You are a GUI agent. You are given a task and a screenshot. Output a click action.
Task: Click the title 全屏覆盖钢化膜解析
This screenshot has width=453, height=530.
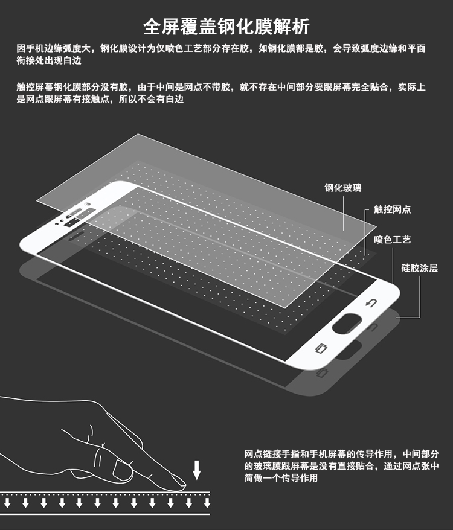(226, 27)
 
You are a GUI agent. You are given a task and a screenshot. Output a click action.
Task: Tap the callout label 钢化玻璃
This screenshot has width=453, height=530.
(343, 188)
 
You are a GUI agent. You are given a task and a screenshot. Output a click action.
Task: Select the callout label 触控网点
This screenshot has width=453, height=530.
(392, 209)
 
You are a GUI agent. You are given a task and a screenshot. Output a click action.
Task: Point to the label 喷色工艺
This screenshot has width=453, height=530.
(392, 240)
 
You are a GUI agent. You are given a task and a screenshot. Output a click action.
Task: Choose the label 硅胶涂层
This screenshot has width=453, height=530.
(419, 268)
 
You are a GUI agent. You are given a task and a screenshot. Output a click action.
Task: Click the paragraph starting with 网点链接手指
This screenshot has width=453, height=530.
(341, 466)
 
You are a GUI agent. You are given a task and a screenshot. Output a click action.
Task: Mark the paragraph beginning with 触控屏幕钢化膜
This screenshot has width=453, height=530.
(221, 93)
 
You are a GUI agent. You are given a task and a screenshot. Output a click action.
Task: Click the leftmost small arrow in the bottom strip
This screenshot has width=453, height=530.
(7, 502)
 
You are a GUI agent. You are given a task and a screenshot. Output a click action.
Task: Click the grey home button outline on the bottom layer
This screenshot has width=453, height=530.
(347, 350)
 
